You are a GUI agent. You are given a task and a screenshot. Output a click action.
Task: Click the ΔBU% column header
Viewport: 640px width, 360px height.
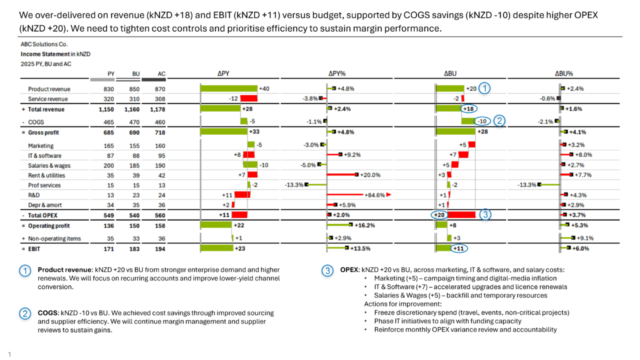point(564,74)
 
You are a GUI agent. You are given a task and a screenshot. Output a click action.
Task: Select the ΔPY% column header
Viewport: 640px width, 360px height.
point(337,74)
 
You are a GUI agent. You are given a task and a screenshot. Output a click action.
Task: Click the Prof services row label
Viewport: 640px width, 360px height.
point(44,185)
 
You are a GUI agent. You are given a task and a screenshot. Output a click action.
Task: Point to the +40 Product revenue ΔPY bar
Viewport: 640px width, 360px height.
point(228,89)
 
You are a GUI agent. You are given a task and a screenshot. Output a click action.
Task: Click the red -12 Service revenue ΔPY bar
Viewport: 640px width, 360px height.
point(248,99)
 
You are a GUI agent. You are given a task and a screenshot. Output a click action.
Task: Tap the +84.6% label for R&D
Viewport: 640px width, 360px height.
point(374,195)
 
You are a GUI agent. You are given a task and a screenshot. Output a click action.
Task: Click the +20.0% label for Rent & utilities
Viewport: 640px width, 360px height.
point(370,175)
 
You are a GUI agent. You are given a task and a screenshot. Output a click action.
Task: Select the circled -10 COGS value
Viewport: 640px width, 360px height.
point(481,121)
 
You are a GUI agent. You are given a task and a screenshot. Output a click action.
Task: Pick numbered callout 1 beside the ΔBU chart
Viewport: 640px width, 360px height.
point(484,89)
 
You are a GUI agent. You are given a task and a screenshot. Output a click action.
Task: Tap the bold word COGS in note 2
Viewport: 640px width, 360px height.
point(47,313)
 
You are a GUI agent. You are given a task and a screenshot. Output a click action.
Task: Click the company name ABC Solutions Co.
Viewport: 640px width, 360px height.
point(44,44)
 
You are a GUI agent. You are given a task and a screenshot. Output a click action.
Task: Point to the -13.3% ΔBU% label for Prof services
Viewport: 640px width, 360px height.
point(526,185)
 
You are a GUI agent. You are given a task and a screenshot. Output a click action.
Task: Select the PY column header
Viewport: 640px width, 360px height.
point(111,74)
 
